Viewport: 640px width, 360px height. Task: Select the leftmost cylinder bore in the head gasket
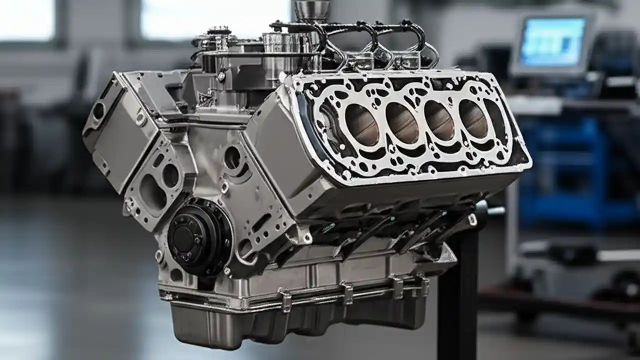click(x=361, y=125)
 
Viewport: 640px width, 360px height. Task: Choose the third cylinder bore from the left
click(x=438, y=120)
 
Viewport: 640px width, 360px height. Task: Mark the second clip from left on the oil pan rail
click(x=347, y=292)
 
